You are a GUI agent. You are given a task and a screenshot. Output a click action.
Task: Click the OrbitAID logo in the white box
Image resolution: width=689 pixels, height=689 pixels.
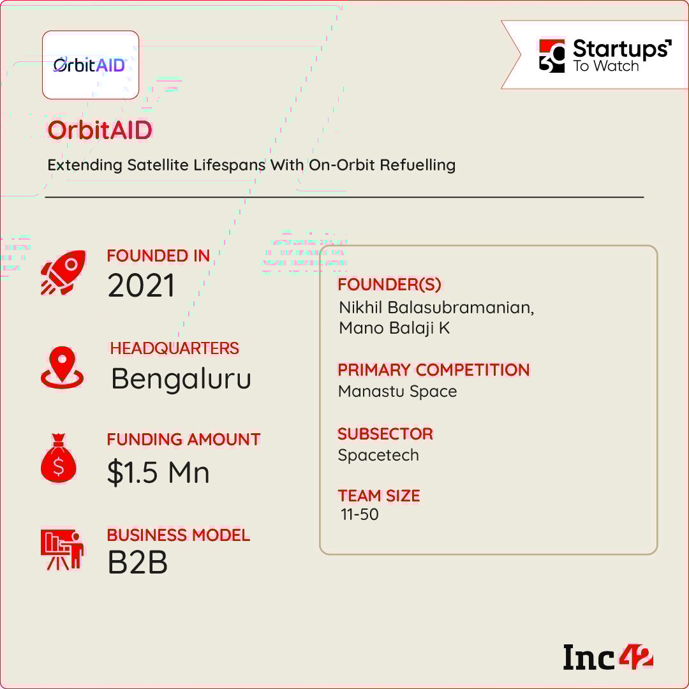(90, 65)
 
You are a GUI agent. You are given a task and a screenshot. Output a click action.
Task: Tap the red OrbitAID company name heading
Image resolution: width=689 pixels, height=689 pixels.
(100, 130)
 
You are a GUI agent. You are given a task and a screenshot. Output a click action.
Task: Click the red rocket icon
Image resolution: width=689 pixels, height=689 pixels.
(63, 272)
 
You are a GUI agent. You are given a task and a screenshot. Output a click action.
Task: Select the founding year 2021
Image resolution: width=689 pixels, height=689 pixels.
(141, 286)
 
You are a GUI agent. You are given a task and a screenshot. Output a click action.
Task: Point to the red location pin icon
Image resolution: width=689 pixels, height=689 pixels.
(62, 367)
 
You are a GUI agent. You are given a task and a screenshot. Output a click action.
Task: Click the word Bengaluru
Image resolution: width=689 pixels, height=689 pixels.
(181, 379)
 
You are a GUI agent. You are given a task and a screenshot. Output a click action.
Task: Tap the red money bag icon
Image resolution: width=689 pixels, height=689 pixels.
(59, 458)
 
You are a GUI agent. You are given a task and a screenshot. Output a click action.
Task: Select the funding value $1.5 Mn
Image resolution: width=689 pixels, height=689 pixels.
(158, 473)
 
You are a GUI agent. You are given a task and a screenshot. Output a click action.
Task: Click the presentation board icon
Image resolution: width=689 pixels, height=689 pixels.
(62, 549)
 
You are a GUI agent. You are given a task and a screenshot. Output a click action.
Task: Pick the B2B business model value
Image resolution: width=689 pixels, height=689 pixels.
(138, 563)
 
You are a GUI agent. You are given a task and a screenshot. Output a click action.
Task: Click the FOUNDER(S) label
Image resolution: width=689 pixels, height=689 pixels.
(389, 285)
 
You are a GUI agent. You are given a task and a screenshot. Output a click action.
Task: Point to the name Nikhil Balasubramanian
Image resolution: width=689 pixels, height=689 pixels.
(436, 307)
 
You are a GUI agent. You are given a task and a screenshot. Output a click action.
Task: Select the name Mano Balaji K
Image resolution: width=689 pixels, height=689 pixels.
(394, 329)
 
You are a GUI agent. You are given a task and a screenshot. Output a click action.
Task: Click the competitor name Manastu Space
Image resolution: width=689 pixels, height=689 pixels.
(397, 391)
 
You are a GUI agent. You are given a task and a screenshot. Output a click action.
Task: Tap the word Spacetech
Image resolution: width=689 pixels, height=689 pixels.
(378, 456)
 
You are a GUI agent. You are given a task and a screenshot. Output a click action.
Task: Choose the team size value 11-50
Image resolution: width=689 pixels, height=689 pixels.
(359, 515)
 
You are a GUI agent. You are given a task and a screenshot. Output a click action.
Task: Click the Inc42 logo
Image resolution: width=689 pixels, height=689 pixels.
(608, 657)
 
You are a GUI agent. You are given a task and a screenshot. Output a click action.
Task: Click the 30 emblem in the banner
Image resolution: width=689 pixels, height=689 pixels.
(552, 56)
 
